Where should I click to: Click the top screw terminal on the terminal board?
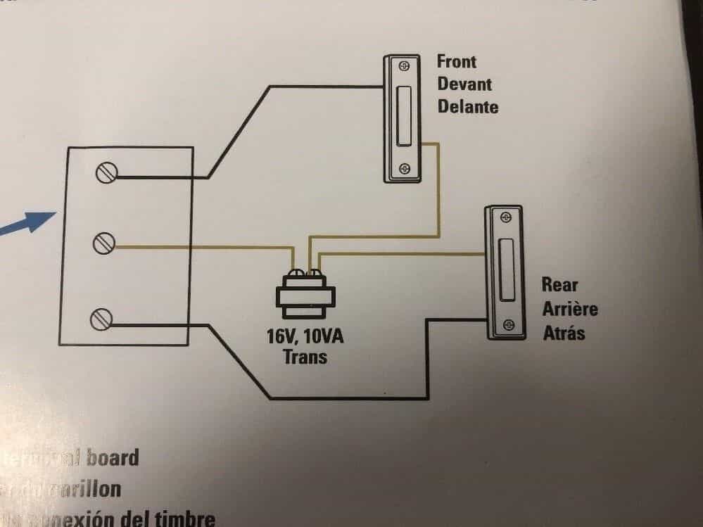pyautogui.click(x=106, y=172)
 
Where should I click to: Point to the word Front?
pyautogui.click(x=456, y=61)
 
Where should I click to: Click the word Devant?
pyautogui.click(x=464, y=84)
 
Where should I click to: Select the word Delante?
pyautogui.click(x=467, y=106)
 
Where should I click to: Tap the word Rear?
pyautogui.click(x=559, y=285)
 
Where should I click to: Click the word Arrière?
pyautogui.click(x=570, y=308)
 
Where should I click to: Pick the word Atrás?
pyautogui.click(x=564, y=332)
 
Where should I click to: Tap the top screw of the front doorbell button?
pyautogui.click(x=403, y=67)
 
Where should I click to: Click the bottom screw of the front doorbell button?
pyautogui.click(x=403, y=169)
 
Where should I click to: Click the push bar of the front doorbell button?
pyautogui.click(x=403, y=118)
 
